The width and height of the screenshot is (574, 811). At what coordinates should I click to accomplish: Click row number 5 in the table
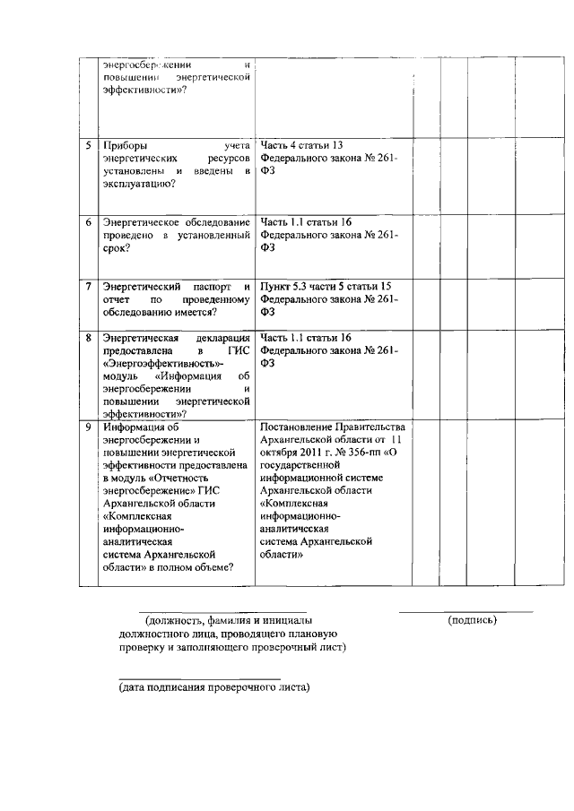tap(88, 144)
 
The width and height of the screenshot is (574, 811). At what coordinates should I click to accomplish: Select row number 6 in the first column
tap(88, 221)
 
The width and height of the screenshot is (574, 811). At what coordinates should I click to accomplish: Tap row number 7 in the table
tap(88, 286)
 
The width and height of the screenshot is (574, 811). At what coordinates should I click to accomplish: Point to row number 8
tap(88, 338)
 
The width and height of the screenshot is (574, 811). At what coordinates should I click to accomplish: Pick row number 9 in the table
tap(88, 427)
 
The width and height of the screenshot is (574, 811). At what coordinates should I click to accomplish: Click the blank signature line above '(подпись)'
tap(465, 611)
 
